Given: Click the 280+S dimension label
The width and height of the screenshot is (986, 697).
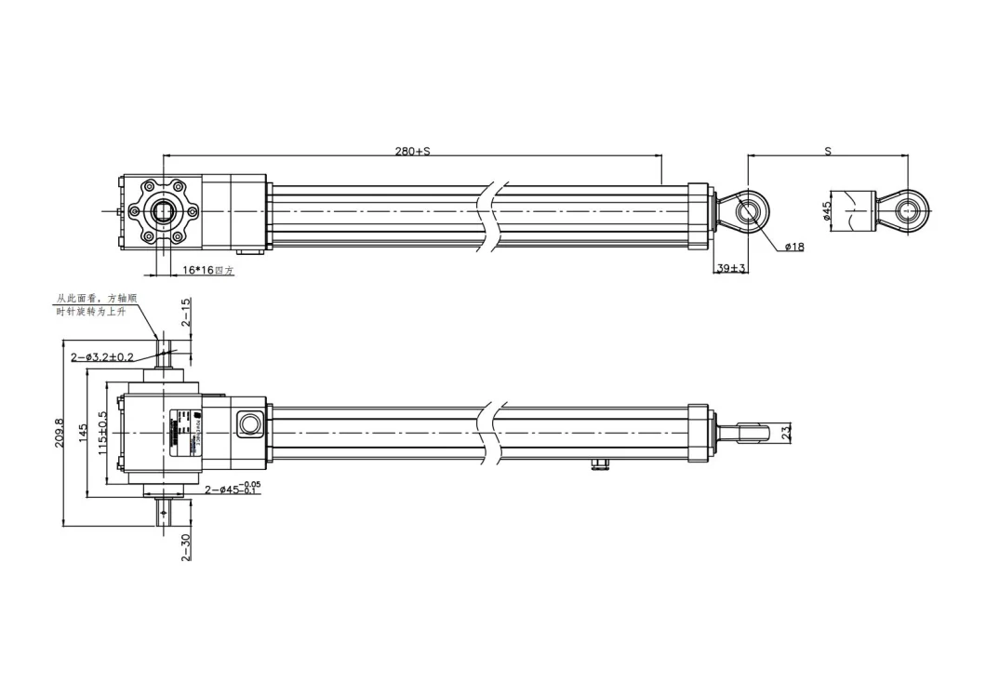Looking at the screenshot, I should pyautogui.click(x=412, y=150).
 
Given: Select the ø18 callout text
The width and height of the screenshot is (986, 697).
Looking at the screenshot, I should pyautogui.click(x=793, y=248).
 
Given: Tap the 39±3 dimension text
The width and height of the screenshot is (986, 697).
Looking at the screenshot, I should pyautogui.click(x=731, y=269).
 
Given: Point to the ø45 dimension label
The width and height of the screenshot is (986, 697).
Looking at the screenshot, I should pyautogui.click(x=826, y=211).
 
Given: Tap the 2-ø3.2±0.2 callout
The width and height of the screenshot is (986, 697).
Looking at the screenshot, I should pyautogui.click(x=101, y=357).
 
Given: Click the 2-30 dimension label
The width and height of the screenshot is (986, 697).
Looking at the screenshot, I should pyautogui.click(x=185, y=547).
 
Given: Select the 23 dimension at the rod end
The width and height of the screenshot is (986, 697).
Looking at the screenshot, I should pyautogui.click(x=785, y=432).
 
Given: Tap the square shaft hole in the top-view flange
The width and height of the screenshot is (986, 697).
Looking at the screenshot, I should pyautogui.click(x=165, y=211).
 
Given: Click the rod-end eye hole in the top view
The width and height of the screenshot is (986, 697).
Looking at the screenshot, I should pyautogui.click(x=748, y=210).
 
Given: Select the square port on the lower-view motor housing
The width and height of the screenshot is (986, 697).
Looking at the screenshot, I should pyautogui.click(x=249, y=423).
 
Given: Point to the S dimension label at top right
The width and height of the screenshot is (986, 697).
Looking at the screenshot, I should pyautogui.click(x=827, y=150).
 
